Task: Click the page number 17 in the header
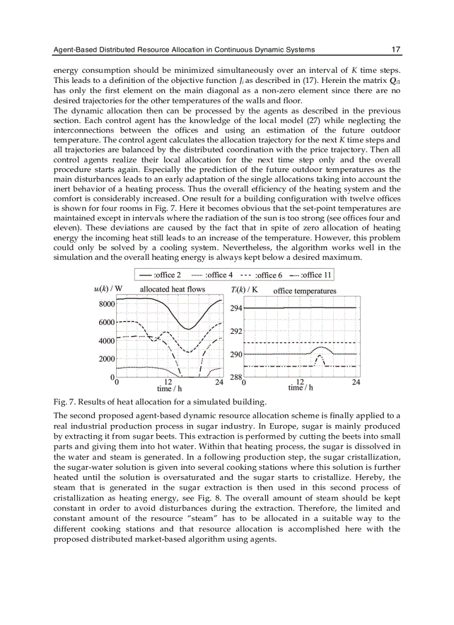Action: pyautogui.click(x=396, y=50)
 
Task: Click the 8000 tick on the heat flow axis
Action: pyautogui.click(x=107, y=304)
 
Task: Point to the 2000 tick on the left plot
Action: pyautogui.click(x=107, y=359)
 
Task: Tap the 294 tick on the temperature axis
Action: pyautogui.click(x=236, y=308)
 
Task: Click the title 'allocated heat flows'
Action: pyautogui.click(x=172, y=289)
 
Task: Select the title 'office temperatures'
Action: pyautogui.click(x=305, y=291)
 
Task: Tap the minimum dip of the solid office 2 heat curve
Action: pyautogui.click(x=188, y=329)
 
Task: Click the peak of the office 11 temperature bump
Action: pyautogui.click(x=319, y=356)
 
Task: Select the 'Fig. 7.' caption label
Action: pyautogui.click(x=63, y=402)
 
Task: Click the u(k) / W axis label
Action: pyautogui.click(x=108, y=289)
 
